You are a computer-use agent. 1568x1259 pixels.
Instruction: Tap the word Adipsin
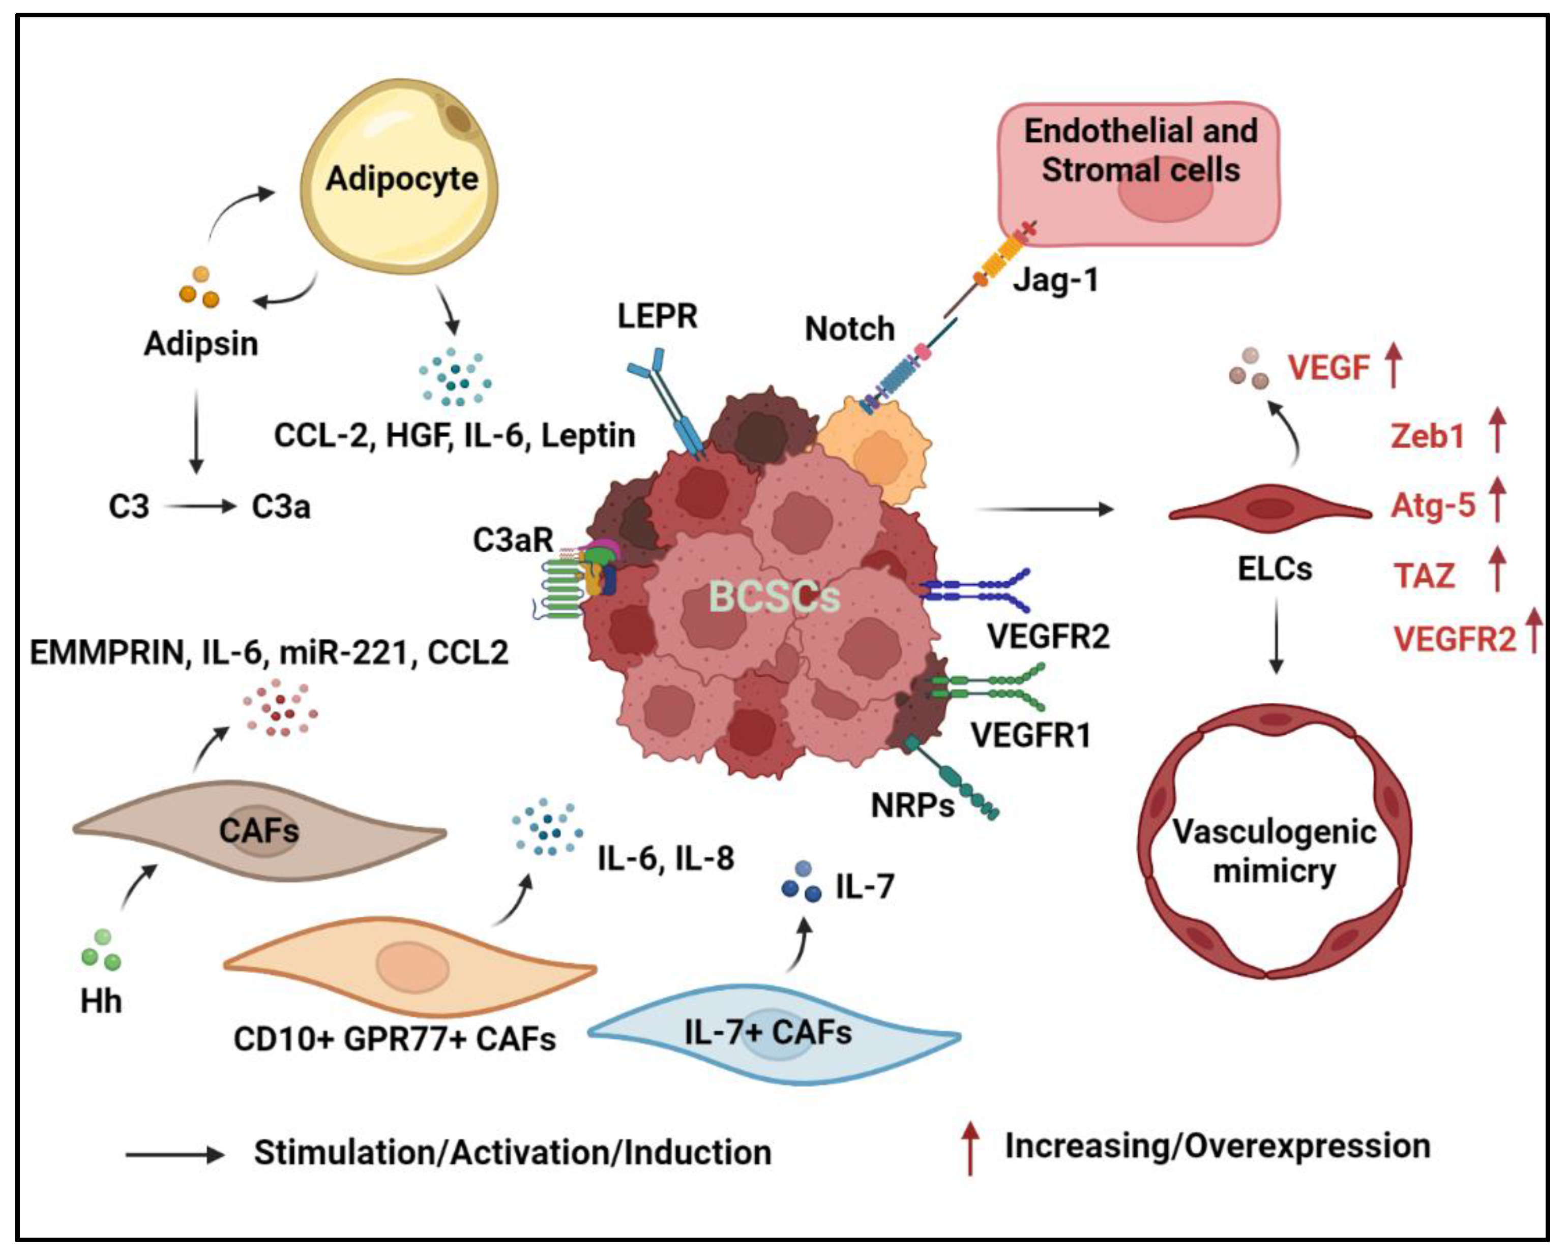click(201, 343)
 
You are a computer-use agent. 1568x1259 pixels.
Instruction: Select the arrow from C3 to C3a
click(201, 506)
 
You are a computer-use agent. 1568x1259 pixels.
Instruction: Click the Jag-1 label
click(1055, 279)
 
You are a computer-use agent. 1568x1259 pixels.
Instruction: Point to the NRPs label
click(913, 805)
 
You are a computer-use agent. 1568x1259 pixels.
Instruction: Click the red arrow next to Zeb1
click(1497, 430)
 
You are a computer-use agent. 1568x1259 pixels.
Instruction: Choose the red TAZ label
click(1424, 576)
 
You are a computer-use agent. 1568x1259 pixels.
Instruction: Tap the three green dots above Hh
click(101, 949)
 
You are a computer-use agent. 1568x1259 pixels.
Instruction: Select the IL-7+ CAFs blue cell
click(774, 1034)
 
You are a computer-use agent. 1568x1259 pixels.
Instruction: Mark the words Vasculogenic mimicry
click(1274, 851)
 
